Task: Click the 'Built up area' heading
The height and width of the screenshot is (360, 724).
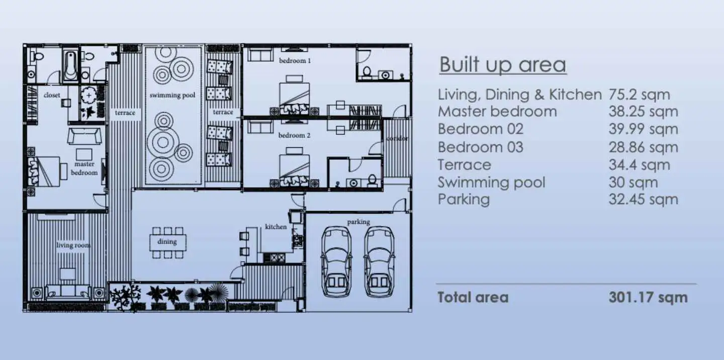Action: click(x=503, y=65)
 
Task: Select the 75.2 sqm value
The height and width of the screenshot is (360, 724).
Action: click(x=640, y=95)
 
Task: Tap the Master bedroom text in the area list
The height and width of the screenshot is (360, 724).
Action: click(x=497, y=112)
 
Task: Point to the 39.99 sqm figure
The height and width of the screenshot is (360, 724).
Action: click(x=643, y=129)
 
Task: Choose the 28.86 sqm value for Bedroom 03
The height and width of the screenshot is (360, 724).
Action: click(x=643, y=147)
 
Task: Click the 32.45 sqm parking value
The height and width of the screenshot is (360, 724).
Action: click(x=643, y=200)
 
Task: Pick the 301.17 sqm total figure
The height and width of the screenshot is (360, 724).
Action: click(x=648, y=298)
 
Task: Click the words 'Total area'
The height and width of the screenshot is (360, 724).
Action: click(x=473, y=298)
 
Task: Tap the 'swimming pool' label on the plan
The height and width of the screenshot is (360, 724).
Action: click(x=172, y=95)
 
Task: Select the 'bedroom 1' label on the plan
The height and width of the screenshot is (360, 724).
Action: click(x=295, y=60)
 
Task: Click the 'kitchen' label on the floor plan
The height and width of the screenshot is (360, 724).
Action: click(x=276, y=227)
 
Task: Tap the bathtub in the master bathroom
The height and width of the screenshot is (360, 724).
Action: click(x=70, y=65)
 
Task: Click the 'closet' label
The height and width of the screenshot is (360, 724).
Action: click(x=52, y=95)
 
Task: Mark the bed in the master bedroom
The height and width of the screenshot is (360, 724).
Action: click(x=44, y=171)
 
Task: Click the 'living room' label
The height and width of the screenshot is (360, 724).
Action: click(x=73, y=245)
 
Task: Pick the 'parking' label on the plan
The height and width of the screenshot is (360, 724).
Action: click(x=358, y=222)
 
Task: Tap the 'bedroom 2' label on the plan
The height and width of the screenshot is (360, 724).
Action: click(x=294, y=135)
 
